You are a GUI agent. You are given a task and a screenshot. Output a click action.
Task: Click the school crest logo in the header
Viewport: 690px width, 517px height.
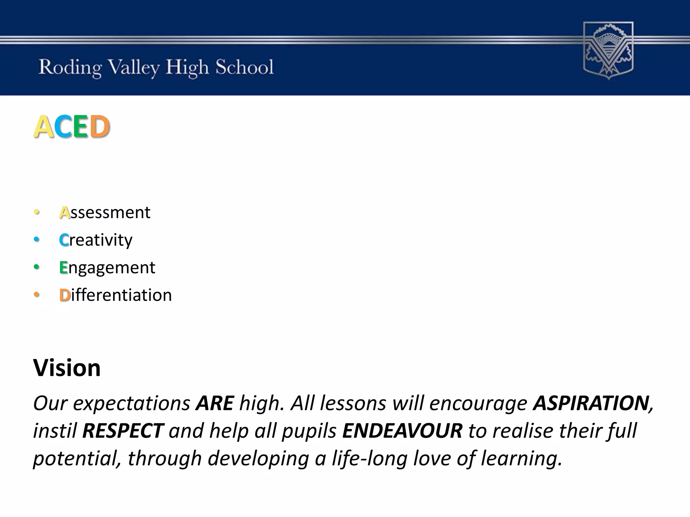click(608, 50)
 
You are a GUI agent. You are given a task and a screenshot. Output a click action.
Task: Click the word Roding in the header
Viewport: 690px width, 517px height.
click(70, 68)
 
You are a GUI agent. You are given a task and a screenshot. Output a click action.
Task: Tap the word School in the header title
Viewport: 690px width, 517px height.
click(244, 67)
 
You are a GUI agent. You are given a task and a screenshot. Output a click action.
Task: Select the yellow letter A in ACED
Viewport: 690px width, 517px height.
click(44, 127)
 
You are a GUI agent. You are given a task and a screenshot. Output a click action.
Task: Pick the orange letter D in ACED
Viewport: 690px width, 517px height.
click(100, 127)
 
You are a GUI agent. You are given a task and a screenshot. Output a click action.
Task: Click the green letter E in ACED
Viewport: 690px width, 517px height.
click(81, 127)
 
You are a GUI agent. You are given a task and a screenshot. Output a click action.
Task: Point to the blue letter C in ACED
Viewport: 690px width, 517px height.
click(63, 127)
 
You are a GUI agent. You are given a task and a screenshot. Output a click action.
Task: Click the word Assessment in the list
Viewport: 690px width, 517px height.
click(105, 212)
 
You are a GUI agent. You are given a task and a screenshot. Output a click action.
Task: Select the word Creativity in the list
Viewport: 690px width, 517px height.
click(96, 240)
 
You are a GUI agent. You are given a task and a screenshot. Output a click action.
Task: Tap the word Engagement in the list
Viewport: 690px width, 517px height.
click(107, 268)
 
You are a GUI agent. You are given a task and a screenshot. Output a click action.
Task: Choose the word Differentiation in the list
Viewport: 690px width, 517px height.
click(115, 295)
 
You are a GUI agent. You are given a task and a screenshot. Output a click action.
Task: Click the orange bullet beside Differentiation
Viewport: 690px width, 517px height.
click(37, 295)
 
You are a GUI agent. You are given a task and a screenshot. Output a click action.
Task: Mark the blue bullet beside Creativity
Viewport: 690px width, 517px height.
click(37, 240)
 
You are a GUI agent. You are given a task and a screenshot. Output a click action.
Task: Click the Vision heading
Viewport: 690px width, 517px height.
click(67, 368)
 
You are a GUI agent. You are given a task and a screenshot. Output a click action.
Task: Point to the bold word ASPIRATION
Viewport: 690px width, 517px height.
click(592, 403)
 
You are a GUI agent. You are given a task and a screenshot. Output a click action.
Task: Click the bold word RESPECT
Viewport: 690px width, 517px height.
click(123, 431)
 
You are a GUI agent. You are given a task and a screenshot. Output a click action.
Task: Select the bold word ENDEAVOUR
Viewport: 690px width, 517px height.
click(402, 431)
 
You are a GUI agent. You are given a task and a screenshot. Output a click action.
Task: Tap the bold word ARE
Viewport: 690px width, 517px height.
click(215, 403)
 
